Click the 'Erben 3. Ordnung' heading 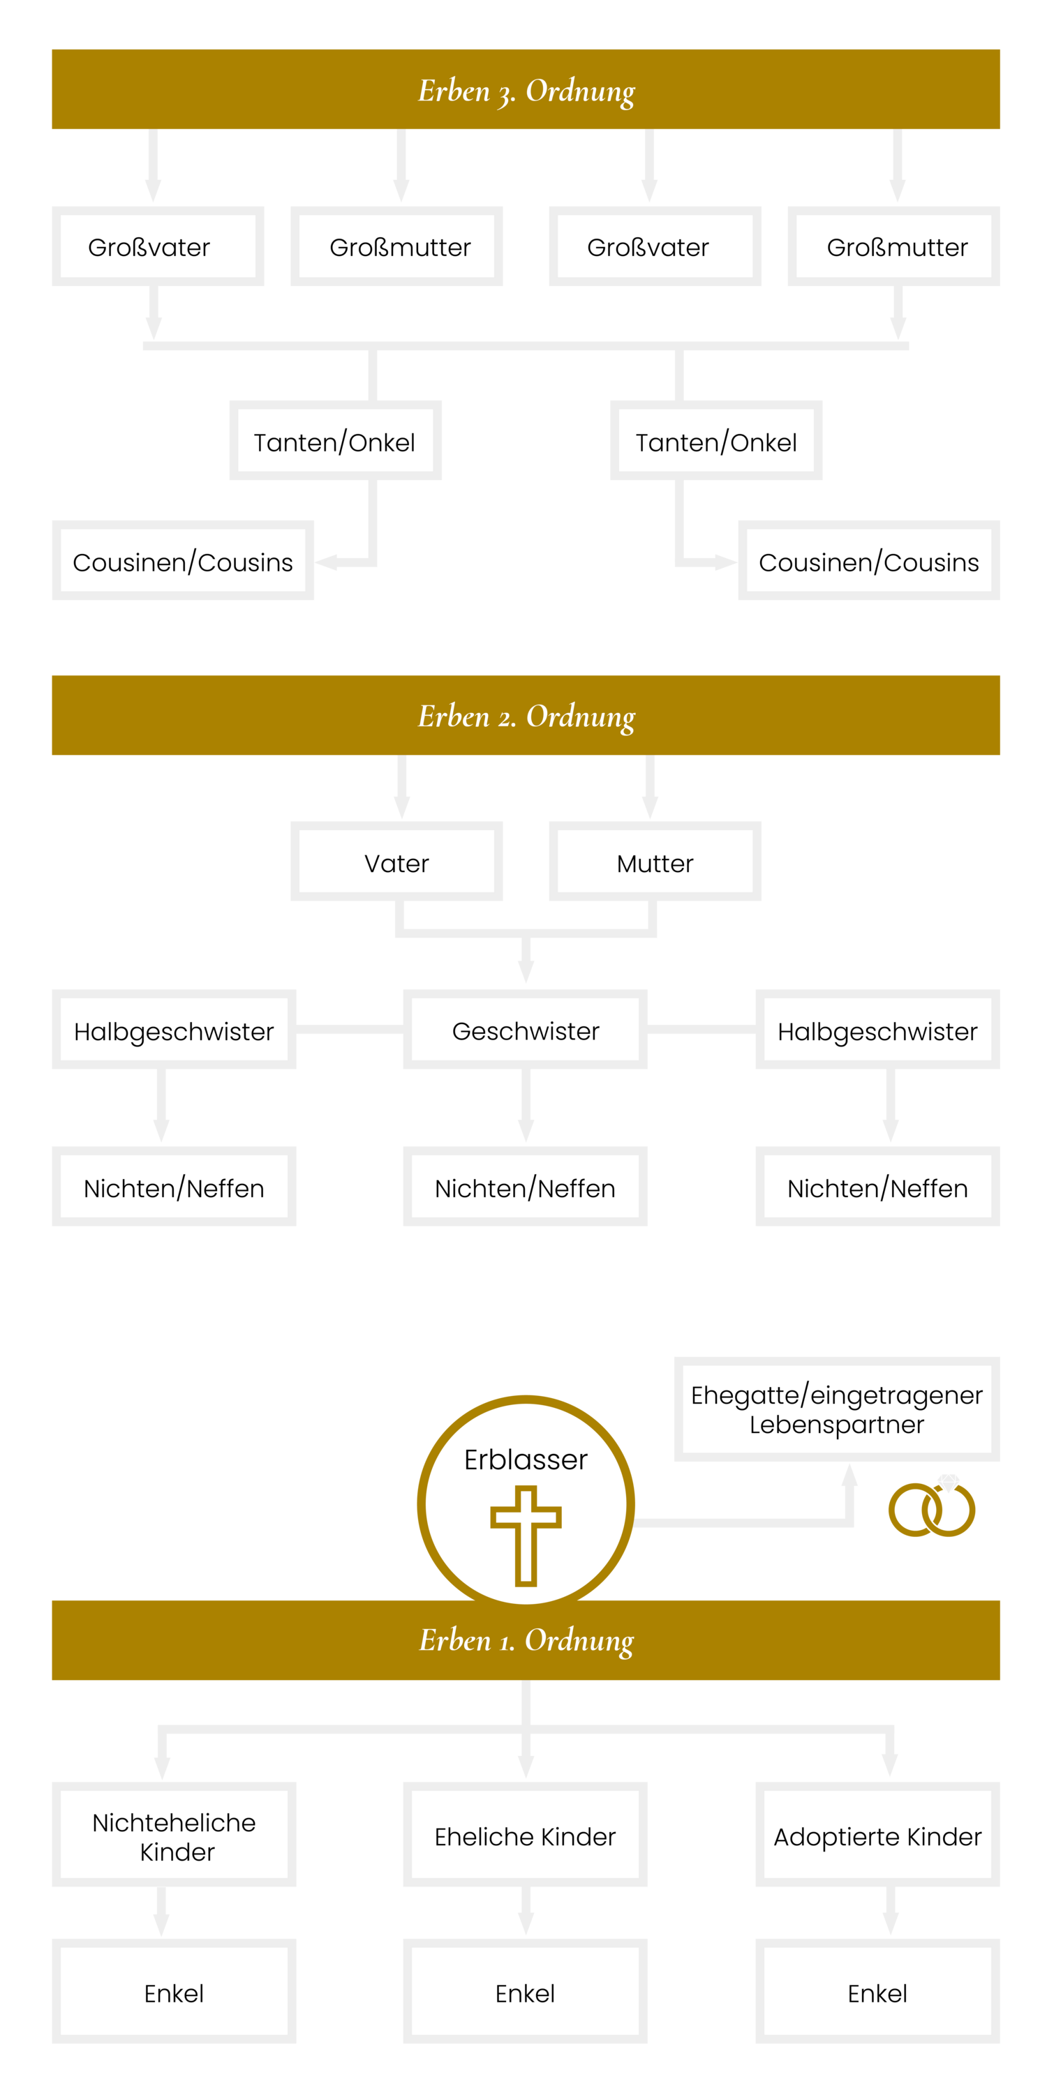pyautogui.click(x=526, y=90)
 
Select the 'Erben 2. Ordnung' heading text pyautogui.click(x=526, y=716)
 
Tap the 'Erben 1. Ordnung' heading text pyautogui.click(x=526, y=1640)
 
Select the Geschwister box pyautogui.click(x=525, y=1030)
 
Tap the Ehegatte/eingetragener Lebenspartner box pyautogui.click(x=836, y=1409)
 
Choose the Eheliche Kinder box pyautogui.click(x=525, y=1835)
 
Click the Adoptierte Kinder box pyautogui.click(x=878, y=1835)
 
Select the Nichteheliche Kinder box pyautogui.click(x=174, y=1835)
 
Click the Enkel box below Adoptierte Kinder pyautogui.click(x=878, y=1993)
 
